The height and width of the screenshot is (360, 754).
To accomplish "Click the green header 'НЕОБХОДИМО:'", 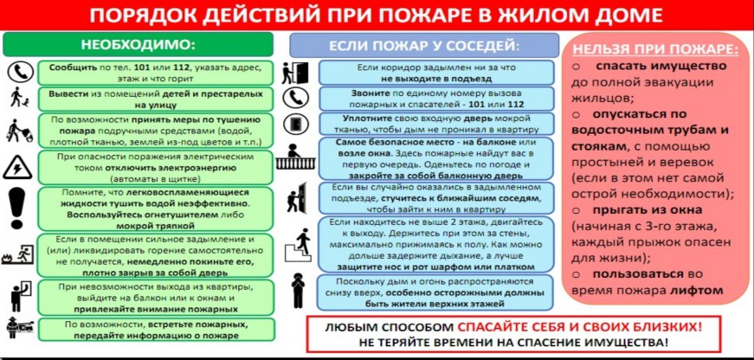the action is tap(138, 44).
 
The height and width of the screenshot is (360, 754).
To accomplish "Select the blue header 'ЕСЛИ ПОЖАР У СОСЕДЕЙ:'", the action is tap(424, 46).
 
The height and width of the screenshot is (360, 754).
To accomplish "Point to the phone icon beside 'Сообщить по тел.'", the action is tap(20, 73).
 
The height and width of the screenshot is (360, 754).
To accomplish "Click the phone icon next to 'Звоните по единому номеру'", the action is tap(296, 98).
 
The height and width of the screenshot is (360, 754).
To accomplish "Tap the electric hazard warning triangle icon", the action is tap(17, 168).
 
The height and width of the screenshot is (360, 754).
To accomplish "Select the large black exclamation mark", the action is tap(16, 209).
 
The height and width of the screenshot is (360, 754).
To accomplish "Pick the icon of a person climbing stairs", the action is tap(299, 244).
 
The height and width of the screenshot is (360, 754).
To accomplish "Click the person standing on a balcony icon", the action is tap(295, 157).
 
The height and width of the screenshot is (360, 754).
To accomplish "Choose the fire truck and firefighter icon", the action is tap(19, 329).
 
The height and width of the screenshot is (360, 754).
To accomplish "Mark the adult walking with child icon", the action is tap(19, 98).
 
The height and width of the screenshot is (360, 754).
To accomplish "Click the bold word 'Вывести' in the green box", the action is tap(64, 93).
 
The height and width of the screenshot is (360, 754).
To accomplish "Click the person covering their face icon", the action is tap(298, 290).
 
